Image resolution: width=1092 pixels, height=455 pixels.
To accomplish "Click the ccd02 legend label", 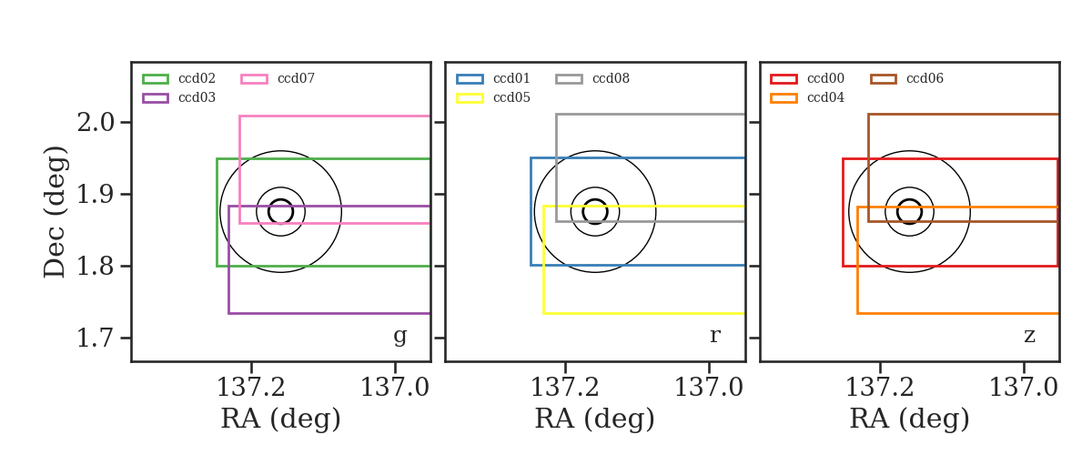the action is (197, 78).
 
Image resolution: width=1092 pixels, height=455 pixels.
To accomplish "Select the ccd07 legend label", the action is (296, 78).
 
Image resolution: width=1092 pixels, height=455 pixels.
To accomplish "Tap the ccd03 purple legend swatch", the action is (156, 98).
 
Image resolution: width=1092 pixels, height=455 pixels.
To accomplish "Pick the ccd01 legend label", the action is (511, 78).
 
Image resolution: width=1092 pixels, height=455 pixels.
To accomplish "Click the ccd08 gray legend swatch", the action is (569, 79).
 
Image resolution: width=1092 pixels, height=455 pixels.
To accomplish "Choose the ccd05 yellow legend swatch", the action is (470, 98).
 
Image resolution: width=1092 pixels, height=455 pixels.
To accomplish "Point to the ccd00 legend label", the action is (826, 78).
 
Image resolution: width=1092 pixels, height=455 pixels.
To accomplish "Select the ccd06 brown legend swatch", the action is (884, 79).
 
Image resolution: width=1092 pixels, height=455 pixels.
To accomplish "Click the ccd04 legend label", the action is (826, 97).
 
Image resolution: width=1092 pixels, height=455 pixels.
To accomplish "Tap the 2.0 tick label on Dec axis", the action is (96, 123).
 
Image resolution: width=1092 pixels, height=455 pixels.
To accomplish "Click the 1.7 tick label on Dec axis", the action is (96, 338).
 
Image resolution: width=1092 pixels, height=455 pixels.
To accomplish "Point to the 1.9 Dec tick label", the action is (96, 195).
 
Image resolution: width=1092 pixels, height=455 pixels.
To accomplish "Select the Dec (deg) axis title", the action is (54, 212).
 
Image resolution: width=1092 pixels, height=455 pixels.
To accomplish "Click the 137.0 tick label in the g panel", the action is (395, 388).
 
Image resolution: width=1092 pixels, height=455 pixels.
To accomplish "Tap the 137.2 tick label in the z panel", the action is (880, 388).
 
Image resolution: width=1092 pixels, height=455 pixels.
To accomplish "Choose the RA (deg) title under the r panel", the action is (595, 419).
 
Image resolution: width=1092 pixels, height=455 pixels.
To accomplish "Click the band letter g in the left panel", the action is (399, 337).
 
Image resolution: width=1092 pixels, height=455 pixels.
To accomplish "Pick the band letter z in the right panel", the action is (1029, 336).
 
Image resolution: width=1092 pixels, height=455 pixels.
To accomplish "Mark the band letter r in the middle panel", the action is (714, 336).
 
